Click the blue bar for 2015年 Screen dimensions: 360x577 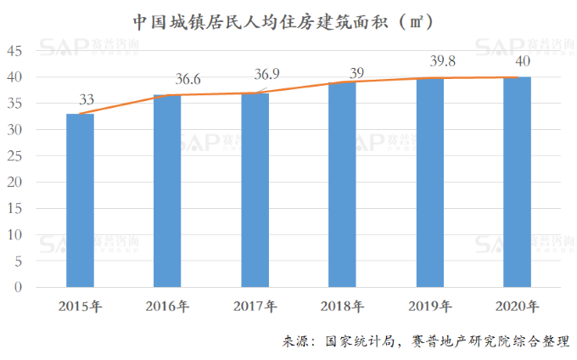coord(80,200)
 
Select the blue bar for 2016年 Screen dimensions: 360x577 coord(167,191)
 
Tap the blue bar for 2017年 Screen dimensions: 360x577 coord(255,190)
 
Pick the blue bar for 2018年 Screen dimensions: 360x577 coord(342,184)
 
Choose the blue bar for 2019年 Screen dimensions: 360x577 coord(429,183)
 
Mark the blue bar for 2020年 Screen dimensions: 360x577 coord(517,182)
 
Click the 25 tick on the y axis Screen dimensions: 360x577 coord(14,156)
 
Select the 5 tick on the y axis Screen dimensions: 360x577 coord(18,262)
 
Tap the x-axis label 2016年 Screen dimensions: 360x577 coord(167,306)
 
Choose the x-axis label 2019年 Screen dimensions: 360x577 coord(429,306)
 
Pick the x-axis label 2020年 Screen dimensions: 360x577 coord(517,306)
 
